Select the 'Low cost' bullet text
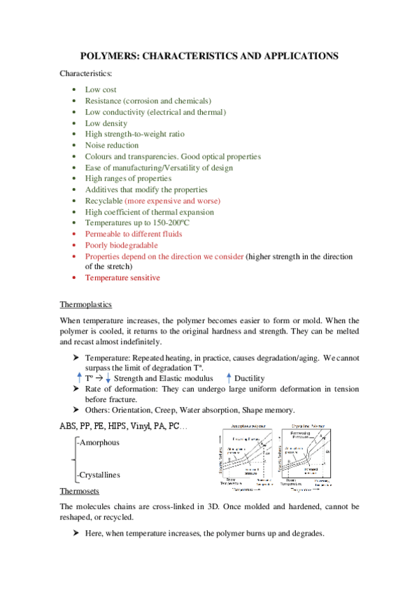(101, 90)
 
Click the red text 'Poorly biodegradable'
(121, 245)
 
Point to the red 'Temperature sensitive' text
(122, 278)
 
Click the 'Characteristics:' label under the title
(86, 73)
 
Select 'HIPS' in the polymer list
(123, 425)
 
